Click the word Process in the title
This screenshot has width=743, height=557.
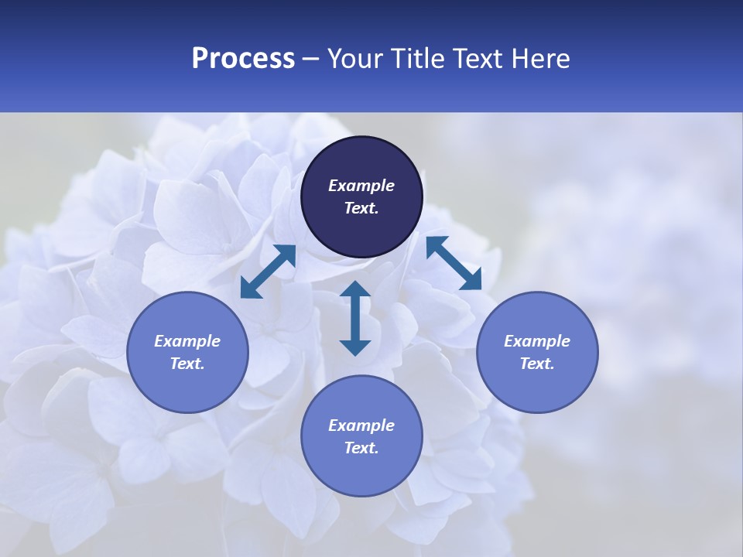[x=243, y=59]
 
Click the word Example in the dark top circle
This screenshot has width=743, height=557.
[x=361, y=186]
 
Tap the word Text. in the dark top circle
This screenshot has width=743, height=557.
[x=361, y=208]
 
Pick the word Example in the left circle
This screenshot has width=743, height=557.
[x=187, y=341]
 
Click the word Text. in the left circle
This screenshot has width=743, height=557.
[x=187, y=364]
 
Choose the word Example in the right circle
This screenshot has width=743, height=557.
[x=537, y=341]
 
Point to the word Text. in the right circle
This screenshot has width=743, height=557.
[x=537, y=364]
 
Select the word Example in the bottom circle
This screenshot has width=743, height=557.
[x=361, y=425]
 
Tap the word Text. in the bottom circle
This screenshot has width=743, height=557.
[x=361, y=448]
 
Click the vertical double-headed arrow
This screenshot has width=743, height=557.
[x=355, y=318]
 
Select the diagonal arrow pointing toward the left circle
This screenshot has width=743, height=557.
[x=268, y=272]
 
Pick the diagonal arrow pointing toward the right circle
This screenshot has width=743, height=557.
[x=454, y=263]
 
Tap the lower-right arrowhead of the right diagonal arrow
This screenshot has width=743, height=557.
[x=473, y=282]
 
